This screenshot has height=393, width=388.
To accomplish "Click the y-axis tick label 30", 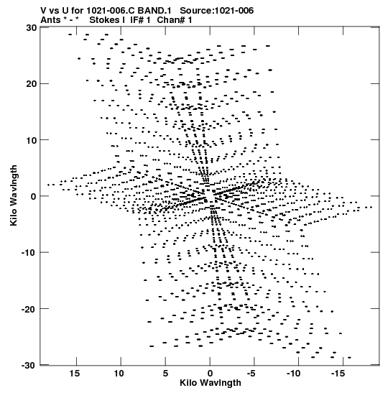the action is [x=31, y=27].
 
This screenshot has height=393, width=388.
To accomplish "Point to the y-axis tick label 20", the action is [x=31, y=84].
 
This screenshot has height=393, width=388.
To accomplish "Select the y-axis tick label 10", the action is [x=31, y=140].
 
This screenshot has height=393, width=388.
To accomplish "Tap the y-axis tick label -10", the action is [x=29, y=253].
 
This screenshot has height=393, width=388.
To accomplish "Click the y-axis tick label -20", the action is [x=29, y=309].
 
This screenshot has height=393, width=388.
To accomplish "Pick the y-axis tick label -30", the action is [x=29, y=365].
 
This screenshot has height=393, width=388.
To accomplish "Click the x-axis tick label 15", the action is [x=75, y=374].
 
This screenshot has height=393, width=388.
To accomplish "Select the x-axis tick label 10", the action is [x=119, y=374].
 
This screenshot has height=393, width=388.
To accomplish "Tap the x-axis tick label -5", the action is [x=251, y=374].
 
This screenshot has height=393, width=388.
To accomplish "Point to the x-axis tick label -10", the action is [x=293, y=374].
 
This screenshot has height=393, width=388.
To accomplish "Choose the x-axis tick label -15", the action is [x=338, y=374].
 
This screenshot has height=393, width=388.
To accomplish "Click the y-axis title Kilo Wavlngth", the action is [x=14, y=195].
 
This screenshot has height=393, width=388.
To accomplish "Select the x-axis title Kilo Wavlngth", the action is [x=211, y=383].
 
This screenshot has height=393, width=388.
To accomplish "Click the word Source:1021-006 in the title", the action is [x=216, y=11].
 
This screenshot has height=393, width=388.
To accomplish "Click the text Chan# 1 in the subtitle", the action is [x=175, y=20].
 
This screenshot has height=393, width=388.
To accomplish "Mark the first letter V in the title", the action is [x=43, y=11].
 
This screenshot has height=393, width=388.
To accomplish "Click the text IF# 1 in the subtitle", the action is [x=140, y=20].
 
